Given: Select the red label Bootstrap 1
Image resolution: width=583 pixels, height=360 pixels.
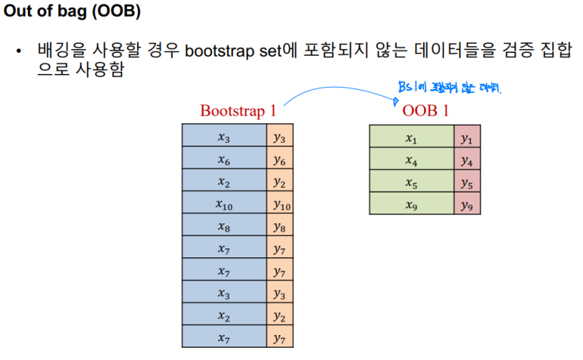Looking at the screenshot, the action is [x=238, y=111].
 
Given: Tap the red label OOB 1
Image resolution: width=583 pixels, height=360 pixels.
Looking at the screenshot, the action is [x=425, y=111].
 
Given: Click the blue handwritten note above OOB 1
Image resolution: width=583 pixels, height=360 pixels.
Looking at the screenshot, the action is [x=450, y=88].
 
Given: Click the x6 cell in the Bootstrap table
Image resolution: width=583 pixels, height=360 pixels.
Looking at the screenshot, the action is [x=224, y=161].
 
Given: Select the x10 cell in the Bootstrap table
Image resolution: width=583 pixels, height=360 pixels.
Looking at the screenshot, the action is [x=224, y=205].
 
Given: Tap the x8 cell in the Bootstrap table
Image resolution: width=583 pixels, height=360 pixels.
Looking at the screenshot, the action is [x=224, y=227].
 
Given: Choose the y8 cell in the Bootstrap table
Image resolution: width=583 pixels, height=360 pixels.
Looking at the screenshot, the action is [x=280, y=227].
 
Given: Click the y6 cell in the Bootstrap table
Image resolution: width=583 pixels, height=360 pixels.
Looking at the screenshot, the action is [x=280, y=161].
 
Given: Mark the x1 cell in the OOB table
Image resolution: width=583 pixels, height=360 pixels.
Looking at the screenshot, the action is [x=411, y=138].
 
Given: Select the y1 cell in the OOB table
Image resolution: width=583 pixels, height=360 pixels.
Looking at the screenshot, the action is [x=467, y=138].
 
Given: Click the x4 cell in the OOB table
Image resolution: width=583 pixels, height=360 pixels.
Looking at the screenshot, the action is [x=411, y=161].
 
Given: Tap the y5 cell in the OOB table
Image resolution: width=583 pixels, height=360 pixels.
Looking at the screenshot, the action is [x=467, y=183].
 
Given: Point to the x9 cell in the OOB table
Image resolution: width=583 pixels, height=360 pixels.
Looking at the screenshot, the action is [x=411, y=205].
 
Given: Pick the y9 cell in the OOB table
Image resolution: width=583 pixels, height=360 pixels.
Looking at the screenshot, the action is [x=467, y=205].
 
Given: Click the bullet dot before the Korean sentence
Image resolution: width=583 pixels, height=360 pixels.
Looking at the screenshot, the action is [x=20, y=53].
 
